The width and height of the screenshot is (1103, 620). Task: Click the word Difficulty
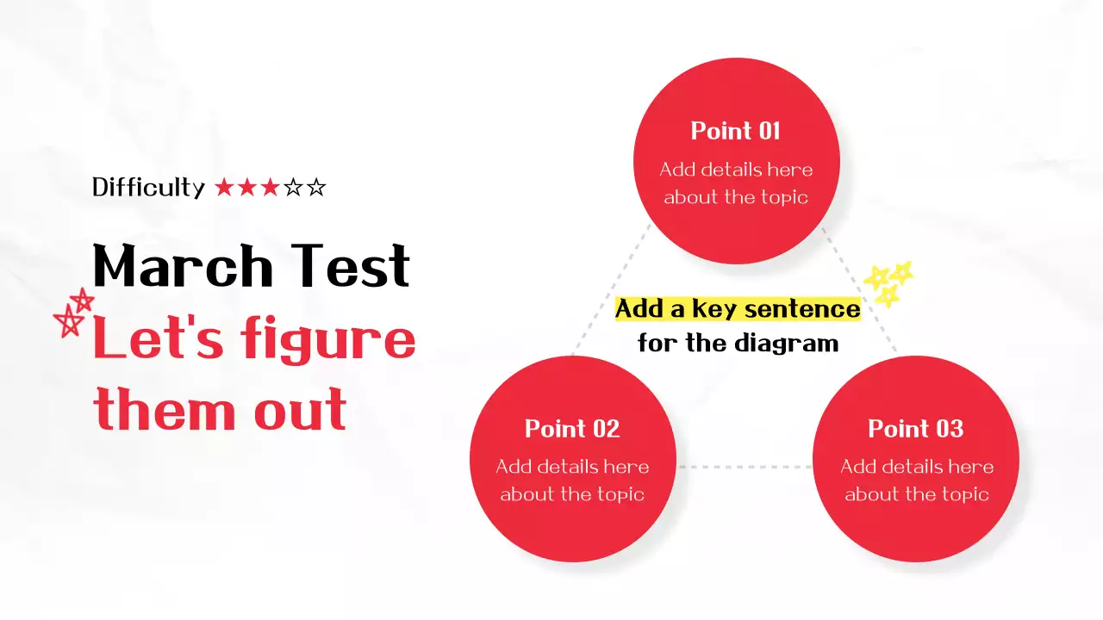pos(148,188)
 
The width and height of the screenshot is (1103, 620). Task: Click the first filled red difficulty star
pos(224,188)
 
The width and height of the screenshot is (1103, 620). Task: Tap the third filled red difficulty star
pos(270,188)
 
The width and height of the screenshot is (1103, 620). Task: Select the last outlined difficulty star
pos(316,188)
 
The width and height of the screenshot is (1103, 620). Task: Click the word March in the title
pos(183,266)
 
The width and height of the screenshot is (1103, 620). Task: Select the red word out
pos(301,409)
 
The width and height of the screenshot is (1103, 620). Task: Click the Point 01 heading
pos(736,131)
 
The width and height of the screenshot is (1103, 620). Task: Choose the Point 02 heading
pos(572,429)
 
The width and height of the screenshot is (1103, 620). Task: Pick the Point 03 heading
pos(916,429)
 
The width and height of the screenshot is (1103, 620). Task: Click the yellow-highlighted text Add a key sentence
pos(738,309)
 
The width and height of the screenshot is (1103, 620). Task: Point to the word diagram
pos(787,343)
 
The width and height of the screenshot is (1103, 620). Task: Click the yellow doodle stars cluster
pos(888,284)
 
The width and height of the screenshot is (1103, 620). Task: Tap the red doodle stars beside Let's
pos(74,313)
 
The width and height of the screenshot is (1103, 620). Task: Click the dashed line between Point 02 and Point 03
pos(745,467)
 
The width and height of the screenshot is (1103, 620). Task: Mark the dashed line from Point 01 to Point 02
pos(611,289)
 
